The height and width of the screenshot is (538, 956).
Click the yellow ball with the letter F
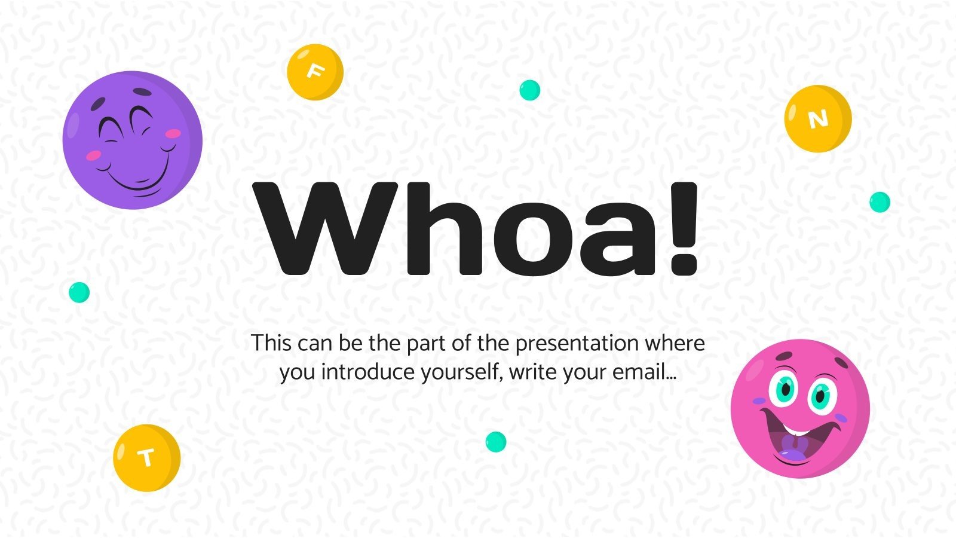pos(315,72)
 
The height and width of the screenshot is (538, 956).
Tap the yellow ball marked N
pos(817,118)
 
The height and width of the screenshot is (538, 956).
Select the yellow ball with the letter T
pos(146,458)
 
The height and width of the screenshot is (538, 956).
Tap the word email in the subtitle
pos(644,372)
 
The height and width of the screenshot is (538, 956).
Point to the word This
pos(271,344)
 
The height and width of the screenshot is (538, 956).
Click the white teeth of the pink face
pos(797,430)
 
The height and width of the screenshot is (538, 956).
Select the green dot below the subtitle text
pos(495,442)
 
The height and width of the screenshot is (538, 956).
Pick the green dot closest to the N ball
pos(880,202)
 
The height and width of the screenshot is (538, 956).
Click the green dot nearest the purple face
pos(79,292)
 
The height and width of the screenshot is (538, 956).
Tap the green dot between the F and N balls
pos(529,90)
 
